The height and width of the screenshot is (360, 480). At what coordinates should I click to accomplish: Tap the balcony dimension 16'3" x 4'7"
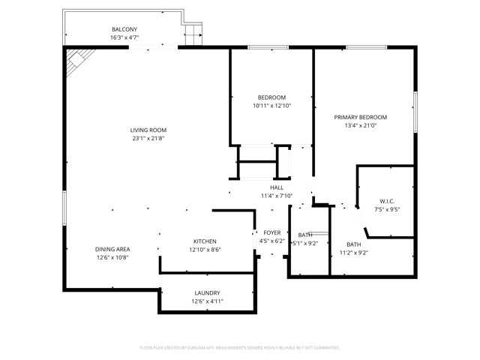(124, 37)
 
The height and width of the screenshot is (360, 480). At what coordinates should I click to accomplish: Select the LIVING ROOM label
(148, 130)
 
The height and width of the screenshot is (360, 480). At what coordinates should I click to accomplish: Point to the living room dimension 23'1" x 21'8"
(148, 139)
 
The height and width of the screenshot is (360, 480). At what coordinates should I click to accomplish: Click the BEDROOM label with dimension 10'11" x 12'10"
(271, 97)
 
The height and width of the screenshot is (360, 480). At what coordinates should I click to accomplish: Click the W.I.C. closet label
(387, 200)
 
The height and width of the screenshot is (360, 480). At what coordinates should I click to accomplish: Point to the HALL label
(277, 187)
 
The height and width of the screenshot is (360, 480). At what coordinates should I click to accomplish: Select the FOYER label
(271, 232)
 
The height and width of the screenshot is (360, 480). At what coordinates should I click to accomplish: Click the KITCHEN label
(205, 241)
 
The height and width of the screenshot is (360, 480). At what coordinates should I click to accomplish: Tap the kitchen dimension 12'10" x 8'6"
(205, 250)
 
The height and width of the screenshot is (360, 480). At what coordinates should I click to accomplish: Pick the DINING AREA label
(112, 249)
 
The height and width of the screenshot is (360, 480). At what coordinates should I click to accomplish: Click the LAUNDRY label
(207, 292)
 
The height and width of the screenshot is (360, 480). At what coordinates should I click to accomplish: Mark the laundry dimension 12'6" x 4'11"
(207, 301)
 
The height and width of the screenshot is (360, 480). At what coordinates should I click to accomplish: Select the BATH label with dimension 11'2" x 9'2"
(353, 244)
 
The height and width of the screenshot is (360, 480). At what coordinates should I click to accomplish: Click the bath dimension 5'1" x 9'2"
(304, 243)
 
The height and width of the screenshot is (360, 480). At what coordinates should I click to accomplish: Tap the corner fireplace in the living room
(77, 61)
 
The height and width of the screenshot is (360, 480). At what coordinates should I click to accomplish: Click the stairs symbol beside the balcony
(195, 34)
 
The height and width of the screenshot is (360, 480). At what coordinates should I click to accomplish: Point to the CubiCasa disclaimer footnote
(240, 348)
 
